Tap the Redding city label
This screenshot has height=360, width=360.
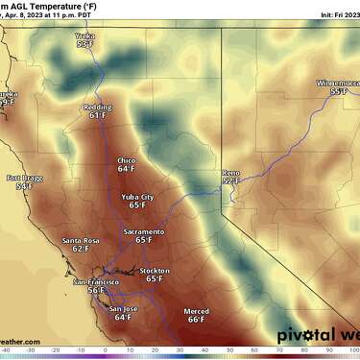coord(97,107)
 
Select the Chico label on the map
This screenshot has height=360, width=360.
coord(127,160)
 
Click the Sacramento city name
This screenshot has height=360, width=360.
coord(144,231)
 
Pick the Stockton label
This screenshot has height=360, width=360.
coord(155,271)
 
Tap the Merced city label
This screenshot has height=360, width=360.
coord(196,311)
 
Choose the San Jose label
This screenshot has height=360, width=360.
coord(123,308)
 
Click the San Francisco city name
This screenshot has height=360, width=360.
coord(94,282)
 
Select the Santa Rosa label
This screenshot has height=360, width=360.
coord(81,239)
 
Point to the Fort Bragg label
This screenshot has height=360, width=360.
coord(24,178)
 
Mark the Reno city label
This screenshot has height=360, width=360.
coord(230,171)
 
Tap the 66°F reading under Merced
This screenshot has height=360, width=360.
coord(196,320)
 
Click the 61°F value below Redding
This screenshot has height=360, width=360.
coord(97,115)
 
